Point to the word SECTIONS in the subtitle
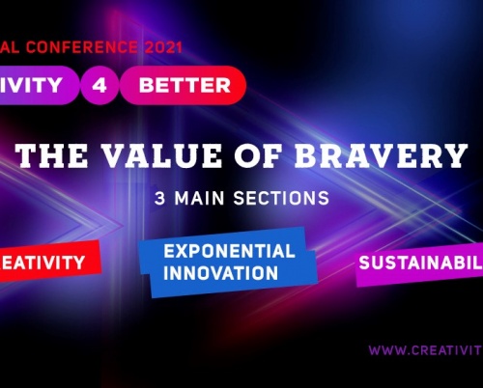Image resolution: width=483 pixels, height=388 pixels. point(279,198)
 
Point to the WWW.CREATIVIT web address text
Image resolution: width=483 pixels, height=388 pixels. point(425,350)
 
